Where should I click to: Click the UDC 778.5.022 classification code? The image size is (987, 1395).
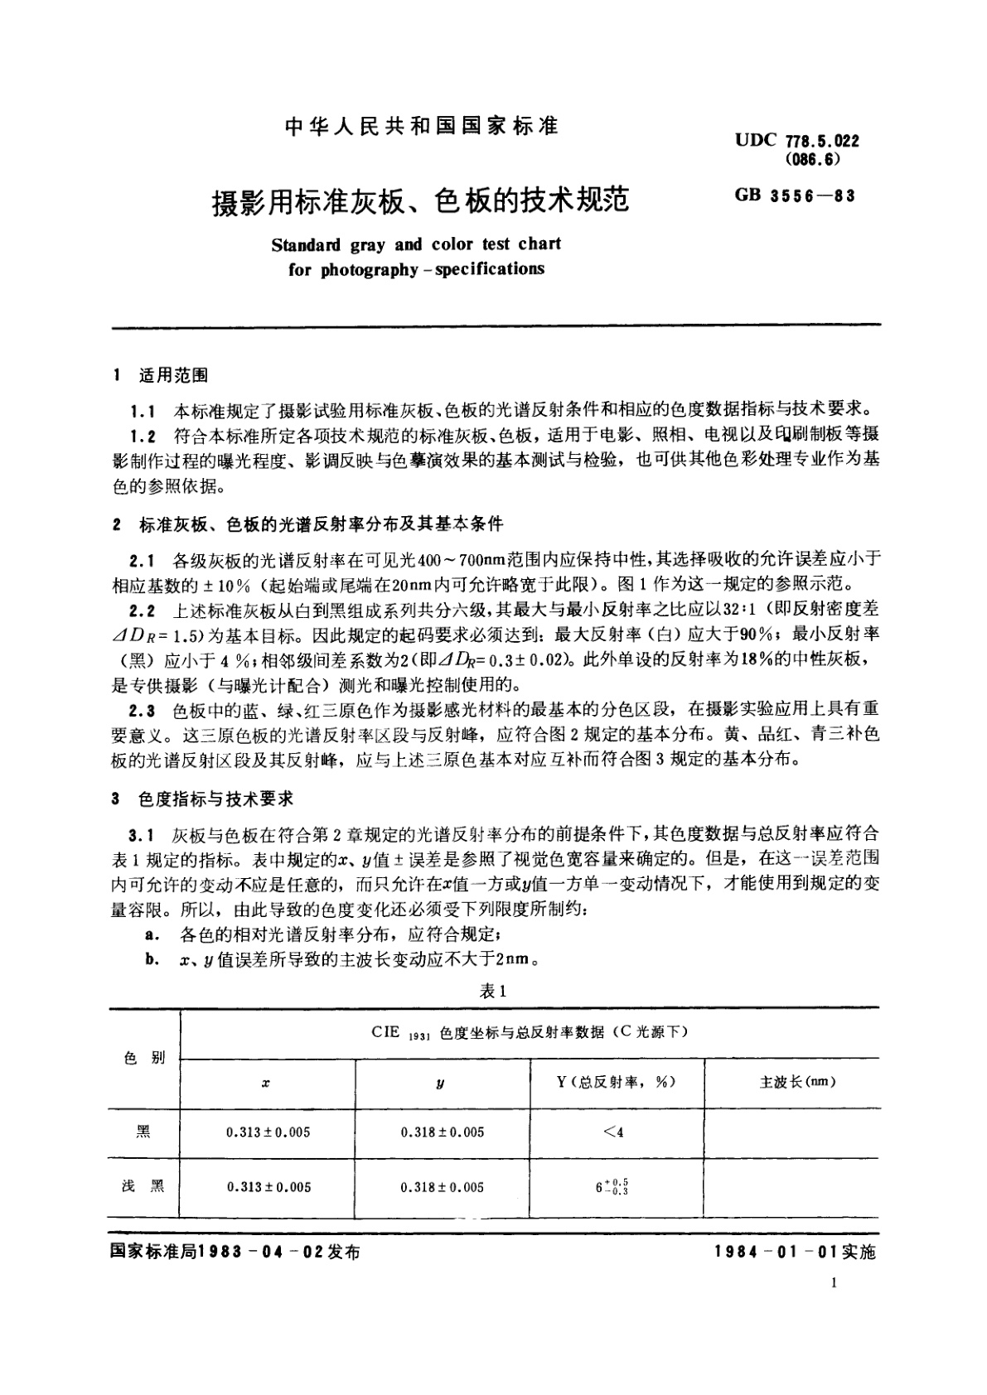[796, 140]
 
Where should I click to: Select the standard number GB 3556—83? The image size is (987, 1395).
[794, 195]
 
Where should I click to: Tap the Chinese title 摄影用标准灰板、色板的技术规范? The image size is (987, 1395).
[420, 201]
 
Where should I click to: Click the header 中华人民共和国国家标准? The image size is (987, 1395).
[421, 126]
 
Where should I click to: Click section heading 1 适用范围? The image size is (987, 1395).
[161, 375]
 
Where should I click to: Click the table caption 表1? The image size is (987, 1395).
[492, 991]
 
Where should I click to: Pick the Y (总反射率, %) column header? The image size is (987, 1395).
[616, 1082]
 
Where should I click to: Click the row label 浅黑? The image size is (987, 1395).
[143, 1186]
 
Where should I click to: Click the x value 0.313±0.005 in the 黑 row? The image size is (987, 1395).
[269, 1132]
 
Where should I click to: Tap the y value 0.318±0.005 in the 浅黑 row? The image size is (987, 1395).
[443, 1187]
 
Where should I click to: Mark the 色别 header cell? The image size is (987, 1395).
[143, 1058]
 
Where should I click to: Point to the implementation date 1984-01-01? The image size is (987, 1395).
[776, 1253]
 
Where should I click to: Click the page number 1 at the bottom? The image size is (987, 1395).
[834, 1284]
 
